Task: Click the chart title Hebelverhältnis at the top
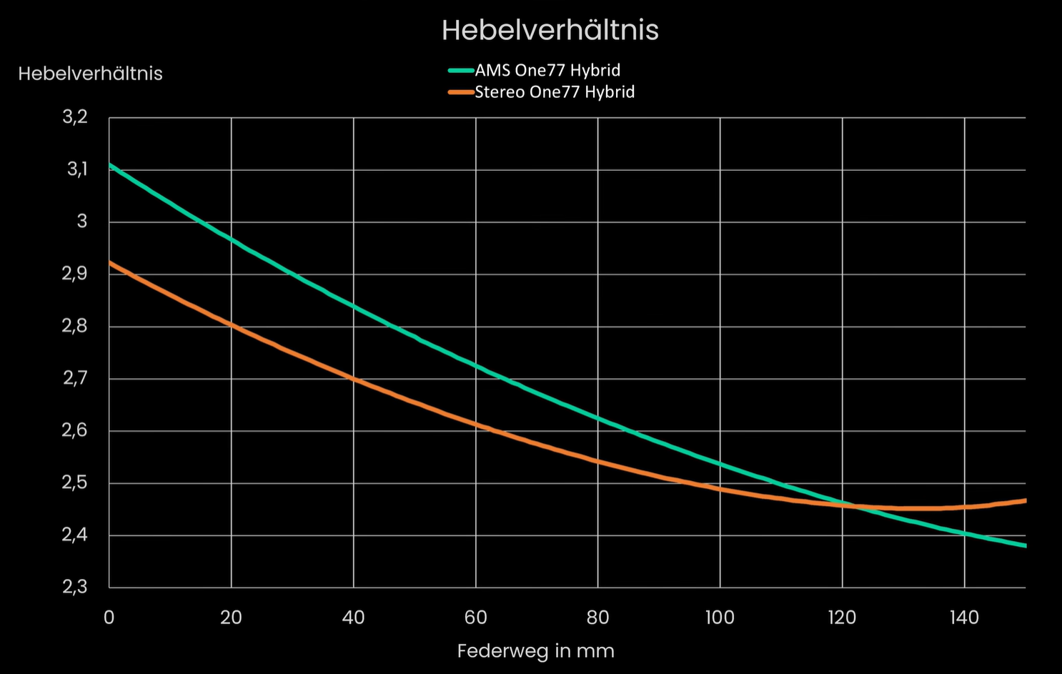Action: (x=550, y=30)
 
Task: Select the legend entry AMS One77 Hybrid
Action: (x=547, y=70)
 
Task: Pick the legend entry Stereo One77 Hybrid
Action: (x=555, y=92)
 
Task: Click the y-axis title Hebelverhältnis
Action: (x=90, y=74)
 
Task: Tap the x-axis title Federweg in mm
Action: (x=535, y=651)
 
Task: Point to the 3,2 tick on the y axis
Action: (x=74, y=117)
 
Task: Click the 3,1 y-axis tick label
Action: (x=76, y=169)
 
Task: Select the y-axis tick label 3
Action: (x=81, y=222)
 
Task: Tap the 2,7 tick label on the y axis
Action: (x=75, y=378)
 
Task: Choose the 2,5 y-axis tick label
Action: (x=75, y=483)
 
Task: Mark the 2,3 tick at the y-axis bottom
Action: (x=74, y=588)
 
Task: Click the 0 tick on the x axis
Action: (x=109, y=618)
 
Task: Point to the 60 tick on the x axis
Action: (x=475, y=618)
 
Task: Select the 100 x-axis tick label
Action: (x=720, y=618)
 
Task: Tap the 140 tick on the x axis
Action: (x=964, y=618)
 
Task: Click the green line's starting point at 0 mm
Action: (x=109, y=164)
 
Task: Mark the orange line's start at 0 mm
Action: (x=109, y=262)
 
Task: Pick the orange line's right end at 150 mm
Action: (x=1025, y=500)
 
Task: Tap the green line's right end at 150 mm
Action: (x=1025, y=545)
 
